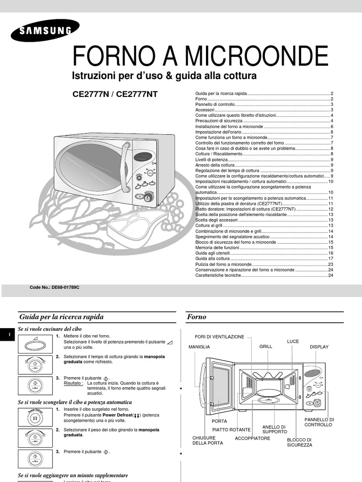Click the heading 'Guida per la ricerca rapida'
[61, 317]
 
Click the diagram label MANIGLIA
[199, 346]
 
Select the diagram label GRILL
[266, 346]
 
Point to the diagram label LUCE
[293, 341]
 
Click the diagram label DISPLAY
[319, 346]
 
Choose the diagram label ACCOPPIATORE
[253, 438]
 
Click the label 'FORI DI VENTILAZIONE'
[220, 337]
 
